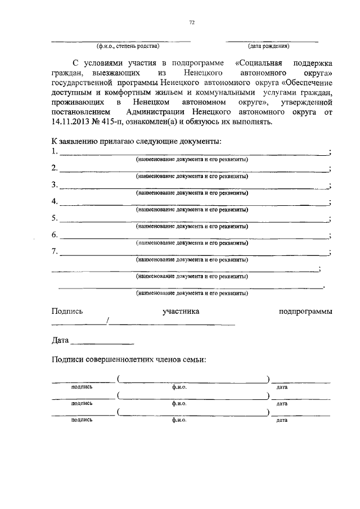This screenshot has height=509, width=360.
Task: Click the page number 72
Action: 192,22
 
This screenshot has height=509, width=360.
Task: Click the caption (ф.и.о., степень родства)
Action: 128,46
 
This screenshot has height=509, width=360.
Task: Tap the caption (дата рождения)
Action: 268,46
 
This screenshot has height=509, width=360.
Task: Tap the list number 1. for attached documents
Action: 55,152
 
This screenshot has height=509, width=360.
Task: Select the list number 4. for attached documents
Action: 55,201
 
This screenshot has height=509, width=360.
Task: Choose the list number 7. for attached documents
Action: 55,251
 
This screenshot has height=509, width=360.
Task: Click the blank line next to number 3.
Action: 194,187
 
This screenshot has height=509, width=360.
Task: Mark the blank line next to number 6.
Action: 194,238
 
